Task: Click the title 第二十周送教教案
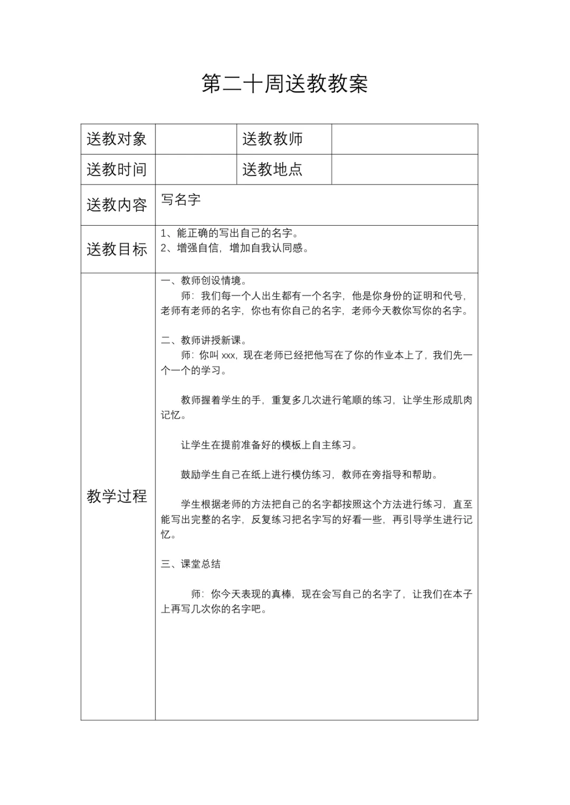click(x=284, y=83)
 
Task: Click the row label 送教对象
click(x=117, y=139)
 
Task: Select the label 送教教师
click(x=272, y=139)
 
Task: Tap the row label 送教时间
click(x=117, y=170)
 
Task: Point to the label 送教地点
click(x=272, y=170)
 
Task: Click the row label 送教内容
click(x=117, y=205)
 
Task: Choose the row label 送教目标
click(x=117, y=249)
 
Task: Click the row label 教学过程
click(x=117, y=496)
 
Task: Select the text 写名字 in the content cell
click(x=181, y=200)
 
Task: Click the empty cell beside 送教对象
click(x=196, y=139)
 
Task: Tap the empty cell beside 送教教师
click(x=404, y=139)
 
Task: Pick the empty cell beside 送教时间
click(x=196, y=170)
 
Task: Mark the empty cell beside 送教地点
click(x=404, y=170)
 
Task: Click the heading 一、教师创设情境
click(x=204, y=280)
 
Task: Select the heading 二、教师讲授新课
click(x=204, y=341)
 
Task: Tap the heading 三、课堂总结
click(x=191, y=564)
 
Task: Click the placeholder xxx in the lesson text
click(x=229, y=356)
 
